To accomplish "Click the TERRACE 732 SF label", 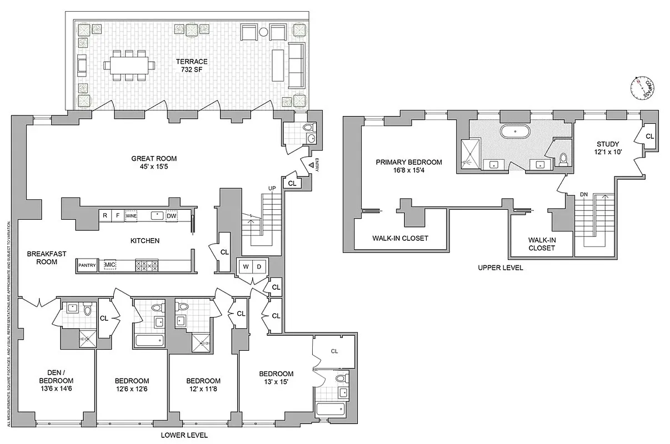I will click(x=194, y=65).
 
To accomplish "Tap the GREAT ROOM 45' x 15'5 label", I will click(x=153, y=162).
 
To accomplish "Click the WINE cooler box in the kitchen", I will click(x=131, y=215).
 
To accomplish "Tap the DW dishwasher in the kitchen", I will click(x=172, y=215).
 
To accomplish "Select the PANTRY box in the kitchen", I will click(x=87, y=265).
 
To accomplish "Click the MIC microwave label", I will click(x=109, y=265).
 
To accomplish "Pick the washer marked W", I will click(x=244, y=266).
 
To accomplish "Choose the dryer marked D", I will click(x=259, y=266).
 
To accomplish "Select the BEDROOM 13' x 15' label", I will click(x=276, y=378).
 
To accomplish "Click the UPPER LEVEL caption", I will click(x=500, y=268).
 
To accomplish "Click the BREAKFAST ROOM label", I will click(x=47, y=258).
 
